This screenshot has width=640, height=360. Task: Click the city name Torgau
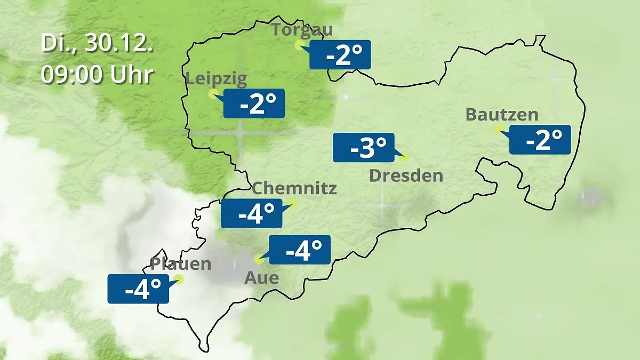pyautogui.click(x=302, y=30)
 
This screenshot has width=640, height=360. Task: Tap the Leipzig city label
pyautogui.click(x=217, y=79)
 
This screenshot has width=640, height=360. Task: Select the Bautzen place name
pyautogui.click(x=502, y=115)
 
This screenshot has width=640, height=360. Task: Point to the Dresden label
pyautogui.click(x=406, y=175)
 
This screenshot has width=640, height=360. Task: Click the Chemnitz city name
pyautogui.click(x=294, y=188)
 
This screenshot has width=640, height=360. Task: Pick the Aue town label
pyautogui.click(x=261, y=278)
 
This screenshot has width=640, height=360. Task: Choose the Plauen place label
pyautogui.click(x=181, y=264)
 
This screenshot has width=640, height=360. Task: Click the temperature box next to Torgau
pyautogui.click(x=340, y=55)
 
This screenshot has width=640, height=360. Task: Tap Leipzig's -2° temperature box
pyautogui.click(x=254, y=103)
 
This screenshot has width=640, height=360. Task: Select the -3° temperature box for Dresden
pyautogui.click(x=364, y=148)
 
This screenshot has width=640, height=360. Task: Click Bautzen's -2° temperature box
pyautogui.click(x=540, y=140)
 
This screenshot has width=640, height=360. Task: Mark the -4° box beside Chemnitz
pyautogui.click(x=252, y=213)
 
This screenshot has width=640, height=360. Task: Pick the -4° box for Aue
pyautogui.click(x=300, y=250)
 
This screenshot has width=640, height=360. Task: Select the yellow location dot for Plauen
pyautogui.click(x=179, y=279)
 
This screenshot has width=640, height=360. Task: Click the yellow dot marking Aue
pyautogui.click(x=259, y=259)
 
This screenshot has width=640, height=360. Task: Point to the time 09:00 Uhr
pyautogui.click(x=97, y=75)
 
